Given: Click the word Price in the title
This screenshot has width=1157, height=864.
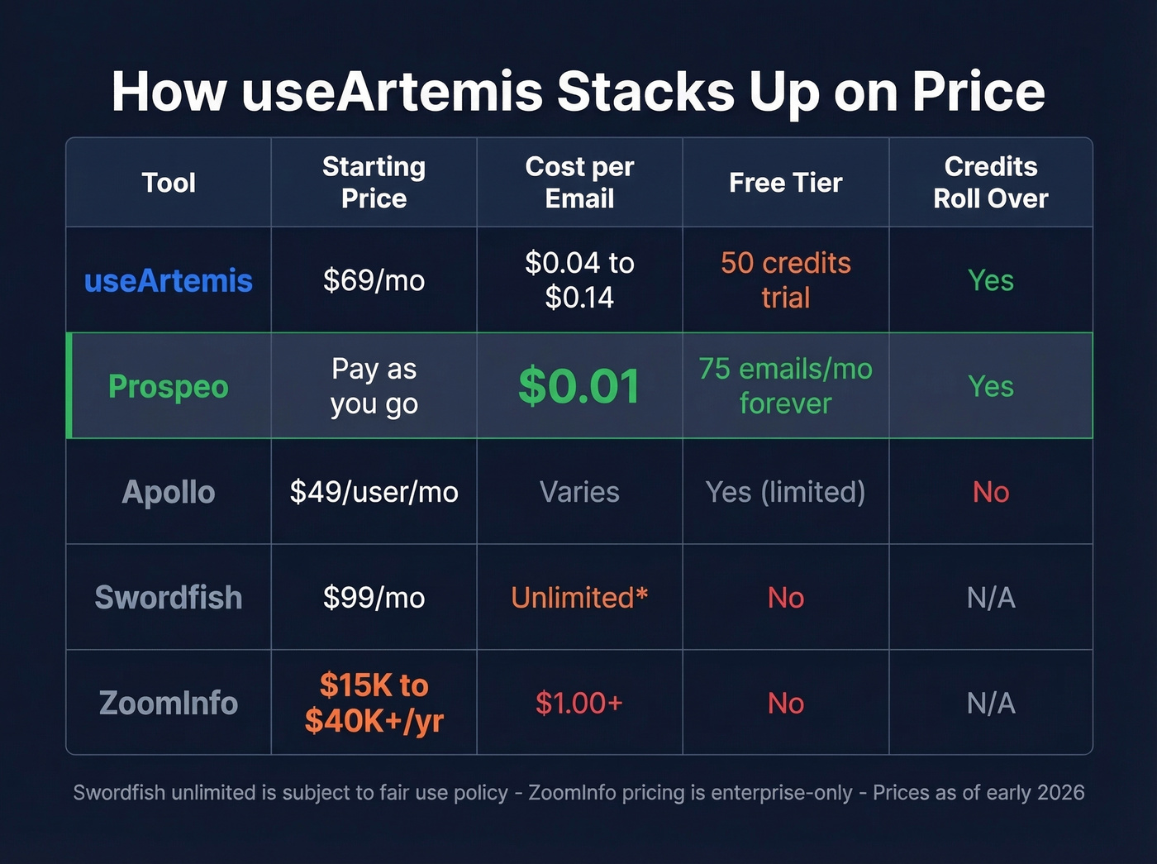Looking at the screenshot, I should click(978, 91).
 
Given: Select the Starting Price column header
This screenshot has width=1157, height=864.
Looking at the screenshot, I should click(374, 183).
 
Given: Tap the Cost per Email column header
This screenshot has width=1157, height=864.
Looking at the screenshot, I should click(579, 183).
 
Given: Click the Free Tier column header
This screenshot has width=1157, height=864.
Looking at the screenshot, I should click(785, 183).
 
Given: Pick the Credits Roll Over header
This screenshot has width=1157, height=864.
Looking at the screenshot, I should click(990, 183).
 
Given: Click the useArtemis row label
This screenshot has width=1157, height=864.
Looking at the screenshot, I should click(169, 281).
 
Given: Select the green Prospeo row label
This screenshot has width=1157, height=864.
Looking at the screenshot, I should click(169, 386).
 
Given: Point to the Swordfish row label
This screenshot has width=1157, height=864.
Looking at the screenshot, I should click(169, 597).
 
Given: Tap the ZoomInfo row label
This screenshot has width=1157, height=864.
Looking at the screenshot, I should click(169, 703).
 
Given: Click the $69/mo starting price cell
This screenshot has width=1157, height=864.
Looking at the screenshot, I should click(374, 281).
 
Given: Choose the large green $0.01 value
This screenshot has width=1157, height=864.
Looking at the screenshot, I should click(579, 386).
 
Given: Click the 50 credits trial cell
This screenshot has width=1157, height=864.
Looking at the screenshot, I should click(785, 280).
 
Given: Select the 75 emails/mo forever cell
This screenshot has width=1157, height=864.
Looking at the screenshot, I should click(785, 386).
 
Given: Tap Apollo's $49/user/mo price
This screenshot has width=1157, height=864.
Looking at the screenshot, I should click(374, 492).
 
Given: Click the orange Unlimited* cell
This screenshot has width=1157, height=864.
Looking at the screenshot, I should click(579, 597).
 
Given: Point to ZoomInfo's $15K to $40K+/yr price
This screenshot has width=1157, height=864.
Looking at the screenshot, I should click(374, 703).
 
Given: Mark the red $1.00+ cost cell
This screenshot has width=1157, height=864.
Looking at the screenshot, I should click(579, 703).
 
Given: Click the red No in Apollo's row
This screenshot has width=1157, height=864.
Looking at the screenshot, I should click(990, 492).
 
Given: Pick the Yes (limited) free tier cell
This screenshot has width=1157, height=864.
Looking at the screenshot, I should click(785, 492).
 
